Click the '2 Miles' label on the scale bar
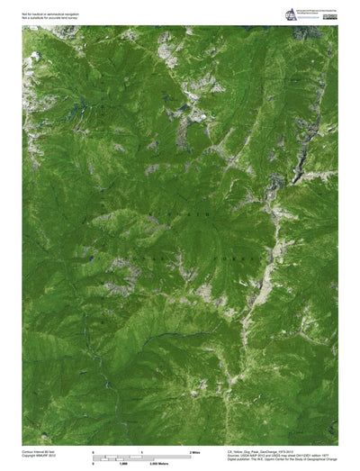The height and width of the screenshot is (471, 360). pos(194,448)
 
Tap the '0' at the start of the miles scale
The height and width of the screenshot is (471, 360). pos(94,448)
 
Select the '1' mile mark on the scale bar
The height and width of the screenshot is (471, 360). pos(142,448)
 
